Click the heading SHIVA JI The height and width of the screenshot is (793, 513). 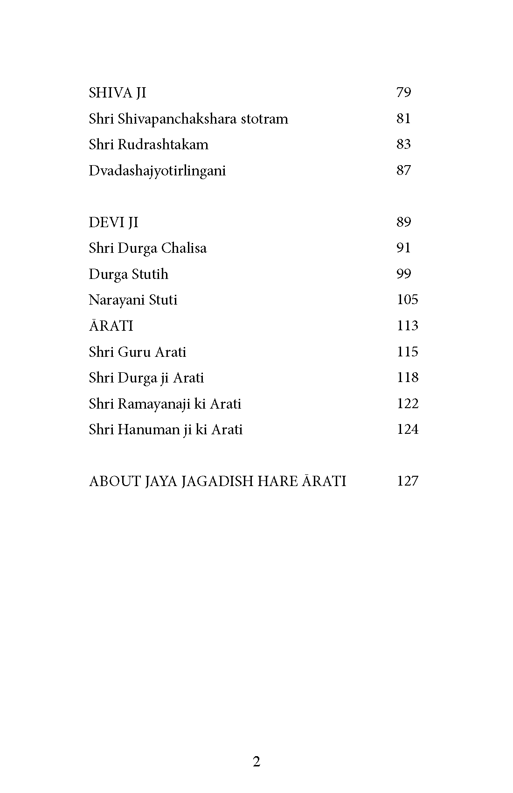(x=118, y=93)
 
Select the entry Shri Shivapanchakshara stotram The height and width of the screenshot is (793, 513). (x=188, y=119)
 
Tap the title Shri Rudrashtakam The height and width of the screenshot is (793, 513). (x=148, y=145)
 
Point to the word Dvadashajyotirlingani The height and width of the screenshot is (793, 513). (x=157, y=171)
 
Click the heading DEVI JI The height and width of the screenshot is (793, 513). (x=113, y=223)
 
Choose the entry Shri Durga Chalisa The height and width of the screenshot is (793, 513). (x=147, y=248)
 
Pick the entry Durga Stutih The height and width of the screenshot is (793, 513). (x=128, y=274)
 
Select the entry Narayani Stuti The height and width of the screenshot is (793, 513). (x=133, y=300)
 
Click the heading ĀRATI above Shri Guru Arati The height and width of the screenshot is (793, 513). (x=111, y=326)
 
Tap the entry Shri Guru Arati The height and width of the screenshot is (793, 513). (x=137, y=352)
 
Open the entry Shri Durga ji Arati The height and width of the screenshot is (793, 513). (x=146, y=378)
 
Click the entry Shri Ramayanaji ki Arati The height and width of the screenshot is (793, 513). (x=165, y=403)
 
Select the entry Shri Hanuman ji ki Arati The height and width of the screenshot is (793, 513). (x=166, y=430)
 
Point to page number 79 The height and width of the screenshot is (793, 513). (x=404, y=92)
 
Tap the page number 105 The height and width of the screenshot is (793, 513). (x=407, y=299)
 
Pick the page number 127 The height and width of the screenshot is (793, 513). (x=407, y=481)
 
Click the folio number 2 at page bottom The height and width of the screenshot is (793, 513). (x=256, y=762)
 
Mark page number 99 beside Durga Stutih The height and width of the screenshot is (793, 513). (x=404, y=274)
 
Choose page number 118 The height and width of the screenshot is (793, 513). (x=407, y=377)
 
